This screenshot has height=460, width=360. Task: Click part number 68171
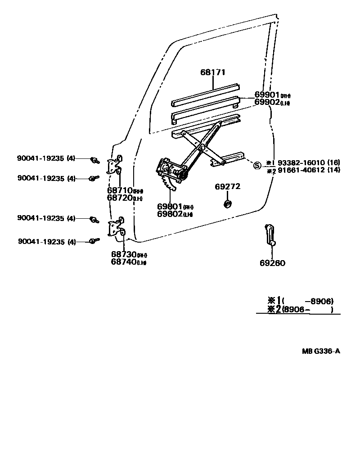pos(213,72)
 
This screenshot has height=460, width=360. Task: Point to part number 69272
pos(228,186)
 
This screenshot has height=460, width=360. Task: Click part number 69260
pos(272,263)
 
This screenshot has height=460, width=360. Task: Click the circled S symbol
pos(257,165)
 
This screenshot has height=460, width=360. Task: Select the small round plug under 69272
pos(228,205)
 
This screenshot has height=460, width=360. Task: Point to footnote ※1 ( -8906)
pos(301,301)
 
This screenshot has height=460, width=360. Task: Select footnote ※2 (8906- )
pos(301,309)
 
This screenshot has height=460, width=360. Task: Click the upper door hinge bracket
pos(115,166)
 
